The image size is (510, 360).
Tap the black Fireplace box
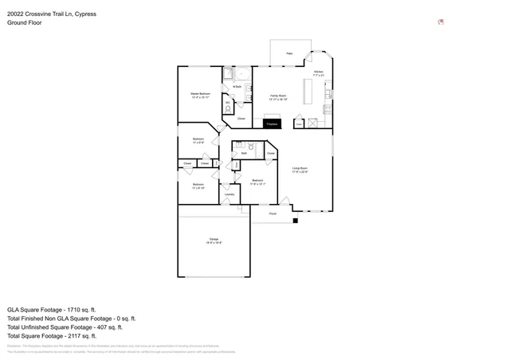(272, 123)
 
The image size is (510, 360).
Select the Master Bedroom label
(200, 95)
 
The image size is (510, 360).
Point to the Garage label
(214, 241)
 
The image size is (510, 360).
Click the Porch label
(273, 213)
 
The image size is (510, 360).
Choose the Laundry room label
(229, 194)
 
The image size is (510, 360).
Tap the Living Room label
(300, 169)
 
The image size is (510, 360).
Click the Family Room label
(277, 96)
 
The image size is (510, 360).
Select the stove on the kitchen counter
(327, 108)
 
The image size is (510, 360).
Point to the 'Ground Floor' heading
(25, 23)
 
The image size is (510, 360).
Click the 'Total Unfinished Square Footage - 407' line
(65, 327)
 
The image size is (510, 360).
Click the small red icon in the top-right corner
(441, 22)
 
